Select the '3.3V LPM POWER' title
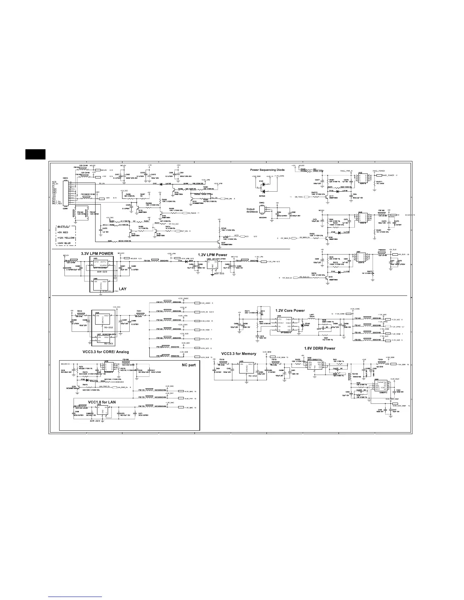tap(97, 253)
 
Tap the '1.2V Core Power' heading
tap(290, 311)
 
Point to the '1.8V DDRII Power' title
tap(320, 348)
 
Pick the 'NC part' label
tap(188, 365)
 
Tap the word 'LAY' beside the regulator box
tap(122, 289)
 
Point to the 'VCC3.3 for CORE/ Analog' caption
tap(103, 352)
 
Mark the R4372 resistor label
tap(314, 192)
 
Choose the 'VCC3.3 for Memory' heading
tap(239, 354)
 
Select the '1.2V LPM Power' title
tap(213, 255)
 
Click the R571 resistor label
tap(247, 311)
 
